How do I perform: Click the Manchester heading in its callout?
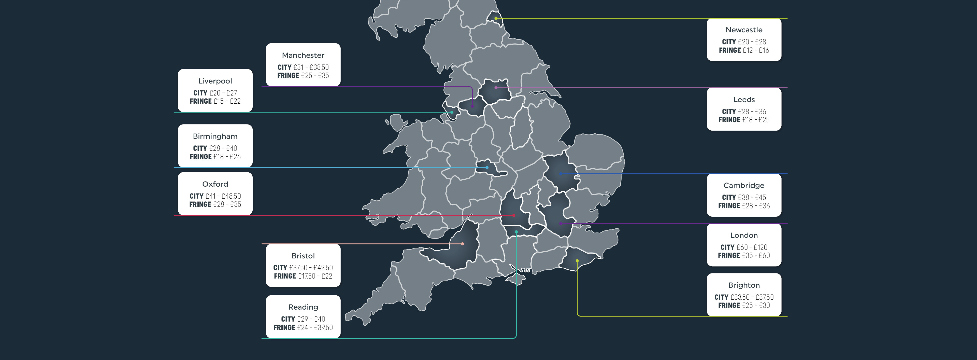[303, 56]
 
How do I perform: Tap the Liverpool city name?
[215, 81]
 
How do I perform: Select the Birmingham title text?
[215, 136]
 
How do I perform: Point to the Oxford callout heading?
[215, 184]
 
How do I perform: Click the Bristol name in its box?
[303, 256]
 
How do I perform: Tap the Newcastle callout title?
[744, 30]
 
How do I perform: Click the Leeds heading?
[744, 100]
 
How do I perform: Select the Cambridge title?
[744, 186]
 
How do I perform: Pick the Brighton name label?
[744, 285]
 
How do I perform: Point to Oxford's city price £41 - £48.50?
[223, 196]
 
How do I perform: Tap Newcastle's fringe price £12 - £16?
[755, 50]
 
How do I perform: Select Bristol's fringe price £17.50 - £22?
[315, 276]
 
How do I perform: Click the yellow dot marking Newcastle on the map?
[496, 18]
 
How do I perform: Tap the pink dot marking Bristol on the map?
[462, 244]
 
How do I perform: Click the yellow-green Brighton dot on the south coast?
[577, 261]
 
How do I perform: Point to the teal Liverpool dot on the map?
[452, 112]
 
